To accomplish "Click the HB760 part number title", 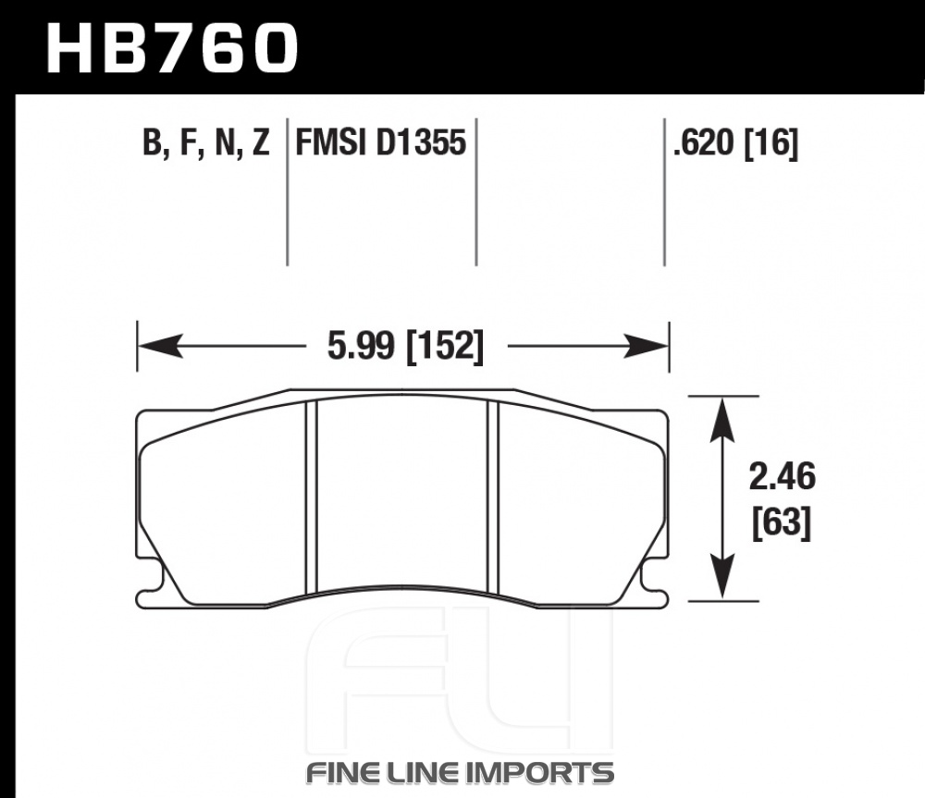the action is click(172, 48).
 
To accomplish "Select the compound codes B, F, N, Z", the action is click(206, 143).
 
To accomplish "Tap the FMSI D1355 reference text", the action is click(380, 142).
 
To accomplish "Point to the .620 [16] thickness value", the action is click(735, 143).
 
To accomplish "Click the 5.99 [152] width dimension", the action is click(405, 346).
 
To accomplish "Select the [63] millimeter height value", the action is click(782, 522).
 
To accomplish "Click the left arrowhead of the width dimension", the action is click(160, 346).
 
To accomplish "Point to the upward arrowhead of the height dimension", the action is click(722, 420).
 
